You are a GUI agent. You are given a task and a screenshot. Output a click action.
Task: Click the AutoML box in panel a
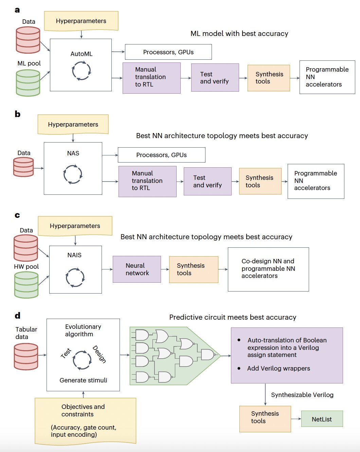tap(81, 65)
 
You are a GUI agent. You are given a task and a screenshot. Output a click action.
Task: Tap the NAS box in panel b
tap(73, 168)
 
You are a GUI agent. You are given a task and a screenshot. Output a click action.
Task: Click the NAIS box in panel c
tap(75, 269)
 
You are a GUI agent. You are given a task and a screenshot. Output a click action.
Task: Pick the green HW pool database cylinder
tap(26, 285)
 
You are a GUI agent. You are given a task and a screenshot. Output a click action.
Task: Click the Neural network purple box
tap(137, 269)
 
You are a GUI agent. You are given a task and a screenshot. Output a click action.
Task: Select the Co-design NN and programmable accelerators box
tap(268, 269)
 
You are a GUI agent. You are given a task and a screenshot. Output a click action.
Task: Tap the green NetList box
tap(322, 419)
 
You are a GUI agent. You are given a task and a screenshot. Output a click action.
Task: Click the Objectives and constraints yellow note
tap(85, 421)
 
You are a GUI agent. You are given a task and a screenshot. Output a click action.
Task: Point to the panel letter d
tap(18, 316)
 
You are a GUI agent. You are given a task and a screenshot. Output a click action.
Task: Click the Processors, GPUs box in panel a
tap(168, 52)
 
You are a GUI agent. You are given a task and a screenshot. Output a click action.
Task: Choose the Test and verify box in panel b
tap(208, 181)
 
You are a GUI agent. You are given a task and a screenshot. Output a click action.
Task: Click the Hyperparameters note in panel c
tap(75, 226)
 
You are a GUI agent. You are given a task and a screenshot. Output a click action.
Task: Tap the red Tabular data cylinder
tap(26, 356)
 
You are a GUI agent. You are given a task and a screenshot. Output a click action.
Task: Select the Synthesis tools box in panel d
tap(265, 419)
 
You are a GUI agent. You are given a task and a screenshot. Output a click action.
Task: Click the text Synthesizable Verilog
tap(302, 395)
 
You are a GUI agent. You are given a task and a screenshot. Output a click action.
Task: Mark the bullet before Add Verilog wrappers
tap(239, 368)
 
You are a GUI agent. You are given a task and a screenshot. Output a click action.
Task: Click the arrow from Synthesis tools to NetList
tap(296, 419)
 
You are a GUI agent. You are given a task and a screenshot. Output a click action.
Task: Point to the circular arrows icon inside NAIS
tap(75, 278)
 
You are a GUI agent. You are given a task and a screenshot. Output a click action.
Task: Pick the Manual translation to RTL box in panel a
tap(151, 78)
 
